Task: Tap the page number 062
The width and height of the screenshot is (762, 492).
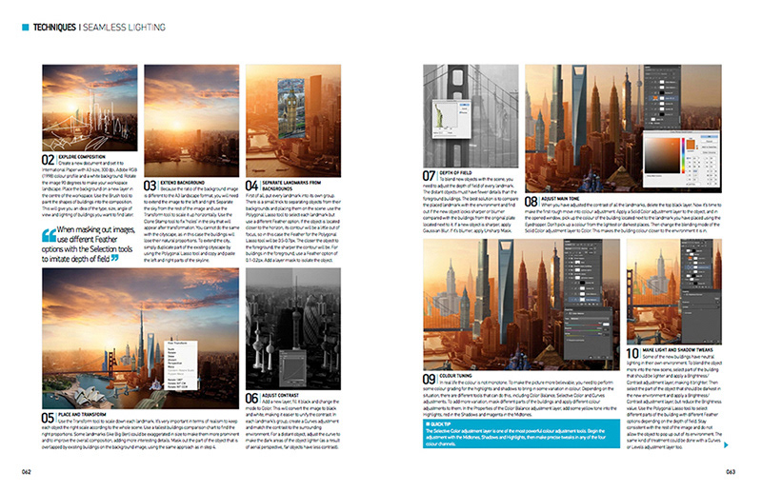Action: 27,471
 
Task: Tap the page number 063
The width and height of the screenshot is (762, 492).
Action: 730,471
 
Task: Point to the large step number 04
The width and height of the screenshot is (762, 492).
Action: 252,186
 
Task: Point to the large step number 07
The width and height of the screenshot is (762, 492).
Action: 429,175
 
